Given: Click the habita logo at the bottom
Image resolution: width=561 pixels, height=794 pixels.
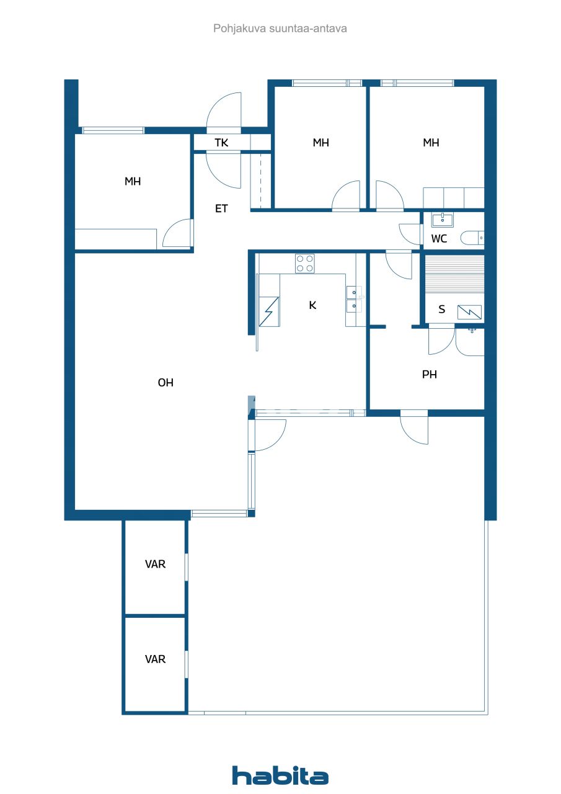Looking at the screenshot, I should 280,775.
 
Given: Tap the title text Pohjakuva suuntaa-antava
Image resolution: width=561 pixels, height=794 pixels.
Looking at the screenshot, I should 280,29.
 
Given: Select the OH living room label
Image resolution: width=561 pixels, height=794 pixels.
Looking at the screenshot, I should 166,383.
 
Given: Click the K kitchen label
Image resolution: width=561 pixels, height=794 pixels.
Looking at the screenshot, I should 313,305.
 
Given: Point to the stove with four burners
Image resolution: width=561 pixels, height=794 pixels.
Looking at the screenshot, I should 304,264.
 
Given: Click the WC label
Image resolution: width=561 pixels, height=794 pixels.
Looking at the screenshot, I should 439,239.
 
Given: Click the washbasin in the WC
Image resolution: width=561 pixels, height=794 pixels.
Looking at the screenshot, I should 443,219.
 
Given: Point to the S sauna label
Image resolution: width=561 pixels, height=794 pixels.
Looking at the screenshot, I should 441,310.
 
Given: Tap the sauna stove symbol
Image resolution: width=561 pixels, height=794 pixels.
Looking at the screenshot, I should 469,312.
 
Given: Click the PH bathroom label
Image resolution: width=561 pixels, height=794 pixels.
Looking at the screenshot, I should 430,375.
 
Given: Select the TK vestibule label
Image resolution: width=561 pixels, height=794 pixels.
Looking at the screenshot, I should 221,143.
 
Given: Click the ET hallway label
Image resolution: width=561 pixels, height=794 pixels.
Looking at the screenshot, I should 221,209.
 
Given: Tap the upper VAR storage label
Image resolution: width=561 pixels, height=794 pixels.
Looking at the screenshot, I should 155,564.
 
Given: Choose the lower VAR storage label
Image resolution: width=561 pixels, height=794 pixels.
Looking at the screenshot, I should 155,659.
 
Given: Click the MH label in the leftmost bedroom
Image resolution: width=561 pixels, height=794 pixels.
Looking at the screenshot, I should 133,182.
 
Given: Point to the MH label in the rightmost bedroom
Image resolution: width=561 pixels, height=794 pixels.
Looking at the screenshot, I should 431,143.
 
